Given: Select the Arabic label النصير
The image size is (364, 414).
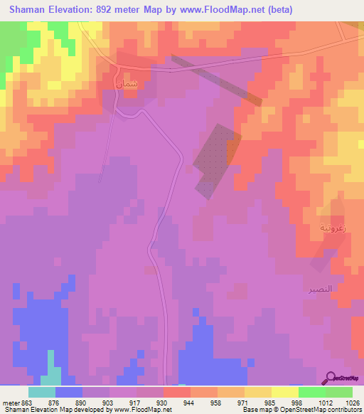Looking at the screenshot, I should (x=320, y=290).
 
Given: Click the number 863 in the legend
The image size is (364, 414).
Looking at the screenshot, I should (x=25, y=403).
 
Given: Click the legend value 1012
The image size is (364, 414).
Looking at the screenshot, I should (x=325, y=403).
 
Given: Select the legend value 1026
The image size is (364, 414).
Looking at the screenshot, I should (x=352, y=403).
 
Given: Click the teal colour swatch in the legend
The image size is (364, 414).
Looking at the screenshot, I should (x=41, y=392).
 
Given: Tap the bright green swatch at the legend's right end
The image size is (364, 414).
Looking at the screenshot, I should (x=339, y=392).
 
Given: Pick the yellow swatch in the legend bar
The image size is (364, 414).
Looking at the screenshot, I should (x=258, y=392).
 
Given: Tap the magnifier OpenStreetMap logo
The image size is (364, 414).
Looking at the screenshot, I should (x=332, y=378).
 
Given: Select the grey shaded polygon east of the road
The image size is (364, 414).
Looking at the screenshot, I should (x=215, y=159).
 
